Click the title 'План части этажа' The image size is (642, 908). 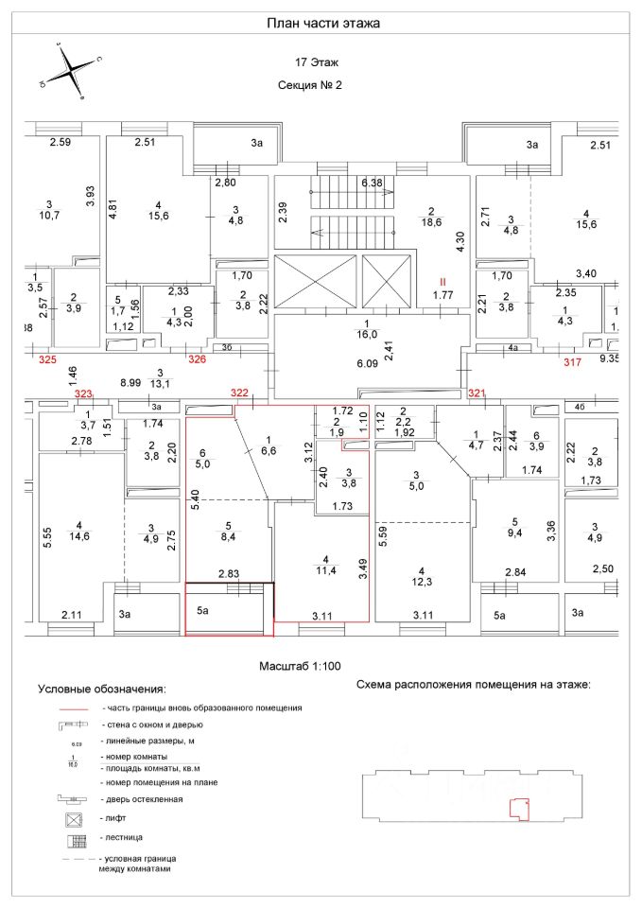[322, 23]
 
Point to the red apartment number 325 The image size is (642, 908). [47, 360]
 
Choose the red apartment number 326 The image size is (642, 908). [197, 359]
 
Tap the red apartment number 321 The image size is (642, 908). [477, 393]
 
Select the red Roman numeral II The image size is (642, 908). [442, 282]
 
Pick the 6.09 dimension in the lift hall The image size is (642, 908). [367, 363]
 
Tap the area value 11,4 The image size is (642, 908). [325, 570]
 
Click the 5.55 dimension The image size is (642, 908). [46, 538]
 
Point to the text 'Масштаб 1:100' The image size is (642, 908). [301, 666]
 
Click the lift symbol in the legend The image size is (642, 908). [73, 817]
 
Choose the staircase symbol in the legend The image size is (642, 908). [73, 838]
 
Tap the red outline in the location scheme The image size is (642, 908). [517, 807]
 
